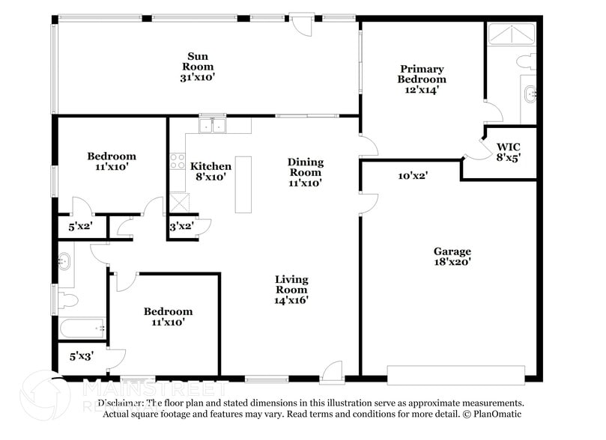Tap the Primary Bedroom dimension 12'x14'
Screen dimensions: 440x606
pyautogui.click(x=421, y=89)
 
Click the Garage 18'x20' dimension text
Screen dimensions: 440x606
pyautogui.click(x=452, y=262)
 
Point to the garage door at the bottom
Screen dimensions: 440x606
pyautogui.click(x=455, y=374)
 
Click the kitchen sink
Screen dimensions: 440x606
pyautogui.click(x=213, y=125)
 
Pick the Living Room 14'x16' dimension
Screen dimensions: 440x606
pyautogui.click(x=291, y=300)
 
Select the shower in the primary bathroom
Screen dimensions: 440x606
pyautogui.click(x=511, y=34)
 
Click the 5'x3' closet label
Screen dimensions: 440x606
pyautogui.click(x=81, y=357)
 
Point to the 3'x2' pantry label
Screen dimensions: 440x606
pyautogui.click(x=181, y=226)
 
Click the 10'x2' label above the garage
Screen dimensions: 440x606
pyautogui.click(x=412, y=176)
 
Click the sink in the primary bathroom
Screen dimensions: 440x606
pyautogui.click(x=530, y=94)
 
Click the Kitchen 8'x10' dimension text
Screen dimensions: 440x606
pyautogui.click(x=210, y=177)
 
